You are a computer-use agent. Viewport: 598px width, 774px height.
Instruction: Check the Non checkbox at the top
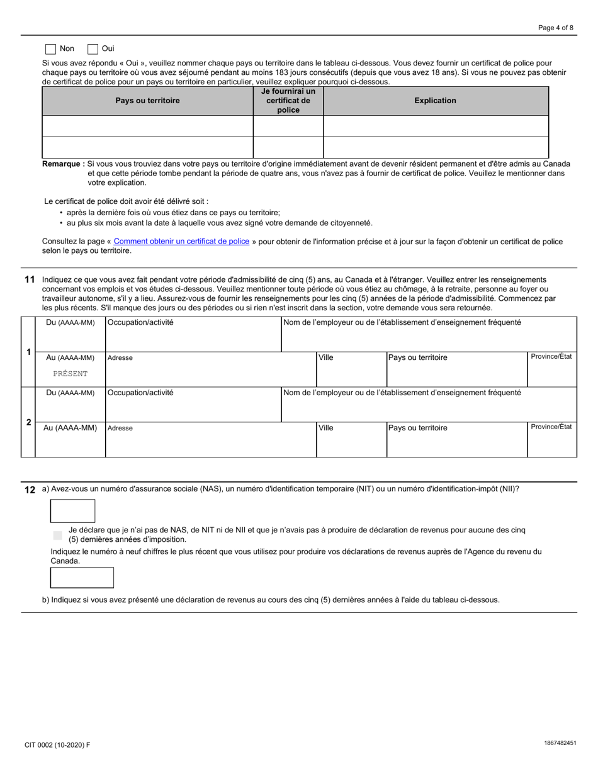click(51, 48)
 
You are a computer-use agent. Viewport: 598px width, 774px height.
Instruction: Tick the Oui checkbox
click(93, 48)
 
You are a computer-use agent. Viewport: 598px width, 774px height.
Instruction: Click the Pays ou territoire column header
click(147, 101)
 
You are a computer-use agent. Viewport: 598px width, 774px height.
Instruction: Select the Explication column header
click(435, 101)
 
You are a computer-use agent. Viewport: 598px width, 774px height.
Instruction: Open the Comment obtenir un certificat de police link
click(181, 242)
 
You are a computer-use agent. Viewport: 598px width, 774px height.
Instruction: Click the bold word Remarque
click(63, 164)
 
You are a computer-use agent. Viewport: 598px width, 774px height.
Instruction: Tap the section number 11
click(30, 279)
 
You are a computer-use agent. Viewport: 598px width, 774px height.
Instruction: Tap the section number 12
click(30, 490)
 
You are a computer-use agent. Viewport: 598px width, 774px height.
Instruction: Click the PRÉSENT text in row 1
click(71, 374)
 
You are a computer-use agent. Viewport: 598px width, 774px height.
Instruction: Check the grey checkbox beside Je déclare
click(58, 535)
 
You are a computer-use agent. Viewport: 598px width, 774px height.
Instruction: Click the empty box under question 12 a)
click(72, 511)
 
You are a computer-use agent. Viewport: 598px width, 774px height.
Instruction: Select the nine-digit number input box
click(82, 578)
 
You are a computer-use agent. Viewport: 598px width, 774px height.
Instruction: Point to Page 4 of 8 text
click(555, 28)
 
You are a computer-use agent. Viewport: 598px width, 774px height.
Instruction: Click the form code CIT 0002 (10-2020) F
click(57, 745)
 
